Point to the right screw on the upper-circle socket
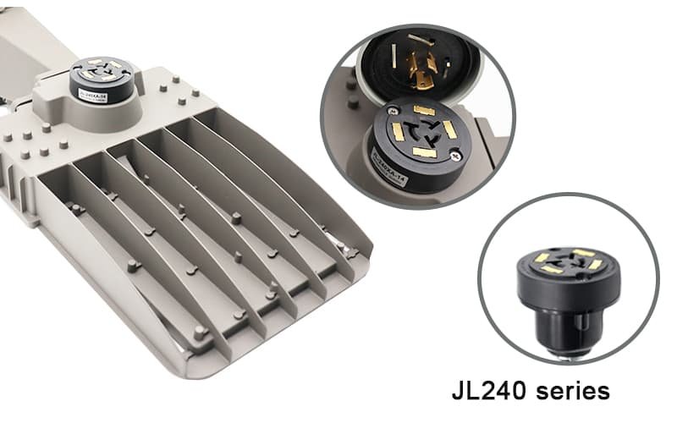point(454,155)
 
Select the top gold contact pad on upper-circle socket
point(423,110)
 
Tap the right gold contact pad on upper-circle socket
point(450,129)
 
